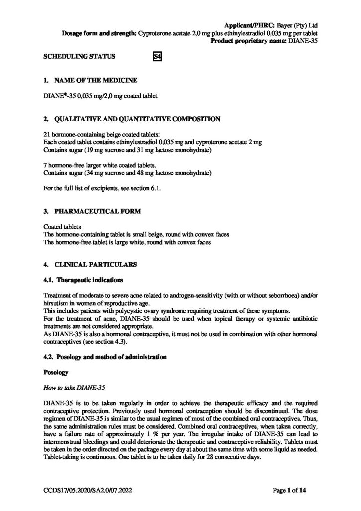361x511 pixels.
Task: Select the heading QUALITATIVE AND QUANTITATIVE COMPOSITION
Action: (129, 119)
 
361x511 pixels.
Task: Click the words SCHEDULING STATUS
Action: (80, 57)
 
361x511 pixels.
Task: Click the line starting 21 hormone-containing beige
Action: (94, 134)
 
